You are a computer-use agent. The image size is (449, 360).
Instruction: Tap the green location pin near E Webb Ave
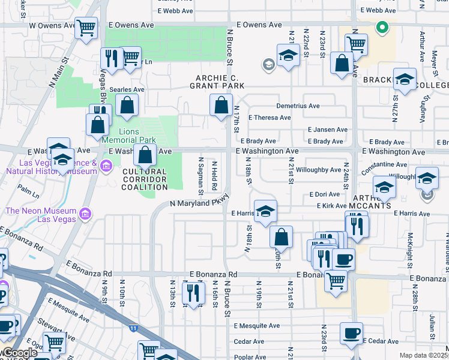pos(381,27)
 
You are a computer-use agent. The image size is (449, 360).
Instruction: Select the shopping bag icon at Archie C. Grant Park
pos(221,105)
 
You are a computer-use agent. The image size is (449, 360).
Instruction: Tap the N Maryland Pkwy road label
pos(200,203)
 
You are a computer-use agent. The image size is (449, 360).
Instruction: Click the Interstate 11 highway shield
pos(133,328)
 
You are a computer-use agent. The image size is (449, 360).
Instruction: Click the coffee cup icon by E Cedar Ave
pos(351,333)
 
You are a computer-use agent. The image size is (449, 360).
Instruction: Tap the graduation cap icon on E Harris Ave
pos(265,211)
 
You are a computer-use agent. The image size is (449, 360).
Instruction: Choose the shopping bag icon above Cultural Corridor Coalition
pos(145,155)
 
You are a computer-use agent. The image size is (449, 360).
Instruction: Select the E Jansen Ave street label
pos(328,130)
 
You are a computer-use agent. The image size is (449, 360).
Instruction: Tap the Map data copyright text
pos(424,355)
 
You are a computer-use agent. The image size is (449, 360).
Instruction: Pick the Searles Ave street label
pos(127,89)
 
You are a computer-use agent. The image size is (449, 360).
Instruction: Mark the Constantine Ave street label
pos(385,164)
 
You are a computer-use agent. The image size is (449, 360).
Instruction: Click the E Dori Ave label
pos(325,194)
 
